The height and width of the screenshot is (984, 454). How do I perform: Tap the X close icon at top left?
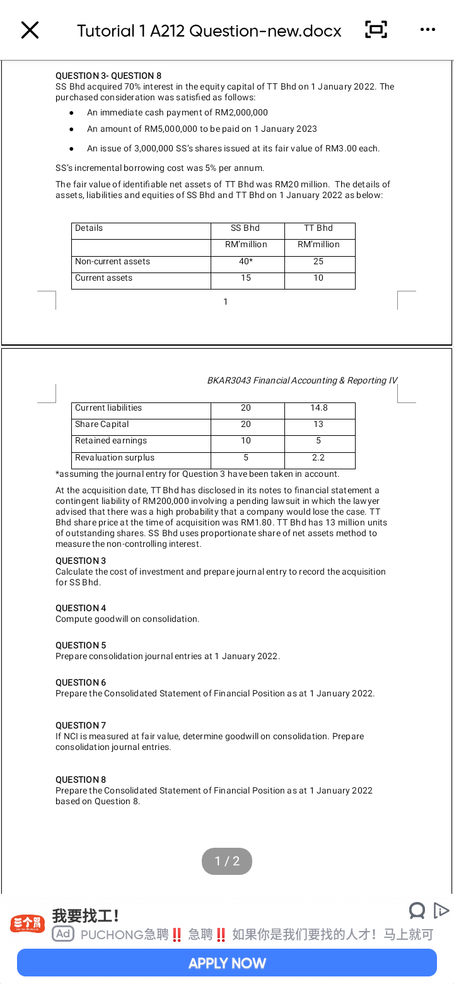click(x=30, y=30)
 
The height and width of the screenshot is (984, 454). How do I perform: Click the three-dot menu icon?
click(x=427, y=30)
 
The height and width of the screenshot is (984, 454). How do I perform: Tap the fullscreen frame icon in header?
click(x=376, y=30)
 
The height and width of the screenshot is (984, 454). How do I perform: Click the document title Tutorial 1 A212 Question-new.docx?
click(x=209, y=30)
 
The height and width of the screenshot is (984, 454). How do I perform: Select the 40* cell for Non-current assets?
click(x=247, y=262)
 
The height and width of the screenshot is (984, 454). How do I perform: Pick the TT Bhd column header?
click(x=318, y=228)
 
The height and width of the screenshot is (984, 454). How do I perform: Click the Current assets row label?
click(x=104, y=278)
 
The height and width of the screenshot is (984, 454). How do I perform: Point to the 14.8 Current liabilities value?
click(x=319, y=408)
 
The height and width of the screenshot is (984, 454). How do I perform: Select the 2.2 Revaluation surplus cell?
click(x=318, y=458)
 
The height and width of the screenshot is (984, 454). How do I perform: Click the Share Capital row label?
click(x=102, y=425)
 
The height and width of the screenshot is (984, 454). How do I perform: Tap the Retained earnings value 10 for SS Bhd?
click(x=246, y=441)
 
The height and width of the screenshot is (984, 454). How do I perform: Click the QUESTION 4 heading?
click(x=81, y=608)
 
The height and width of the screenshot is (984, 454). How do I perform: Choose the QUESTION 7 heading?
click(x=81, y=725)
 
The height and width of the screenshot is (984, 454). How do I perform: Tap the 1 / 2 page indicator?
click(x=227, y=861)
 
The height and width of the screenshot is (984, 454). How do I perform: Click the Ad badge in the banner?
click(x=62, y=934)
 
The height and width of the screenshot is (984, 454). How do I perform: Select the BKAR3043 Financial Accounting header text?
click(x=302, y=380)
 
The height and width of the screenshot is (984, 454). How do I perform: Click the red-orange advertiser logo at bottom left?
click(x=27, y=924)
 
